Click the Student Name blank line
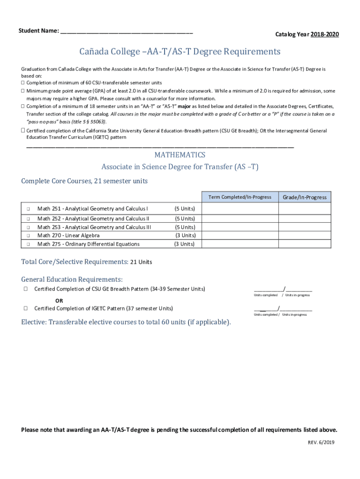(126, 32)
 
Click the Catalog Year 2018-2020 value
(323, 35)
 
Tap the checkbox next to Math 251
(28, 209)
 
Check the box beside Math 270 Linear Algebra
(28, 236)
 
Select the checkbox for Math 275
(28, 244)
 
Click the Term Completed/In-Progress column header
(240, 197)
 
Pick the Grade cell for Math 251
(305, 209)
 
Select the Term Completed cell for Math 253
(240, 227)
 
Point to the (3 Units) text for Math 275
(185, 244)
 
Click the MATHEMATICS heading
(180, 155)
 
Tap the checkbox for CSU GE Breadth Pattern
(25, 289)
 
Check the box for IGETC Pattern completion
(25, 308)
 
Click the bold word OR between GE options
(59, 300)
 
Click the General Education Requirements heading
(72, 279)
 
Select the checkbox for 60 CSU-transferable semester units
(22, 83)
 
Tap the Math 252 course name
(93, 218)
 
